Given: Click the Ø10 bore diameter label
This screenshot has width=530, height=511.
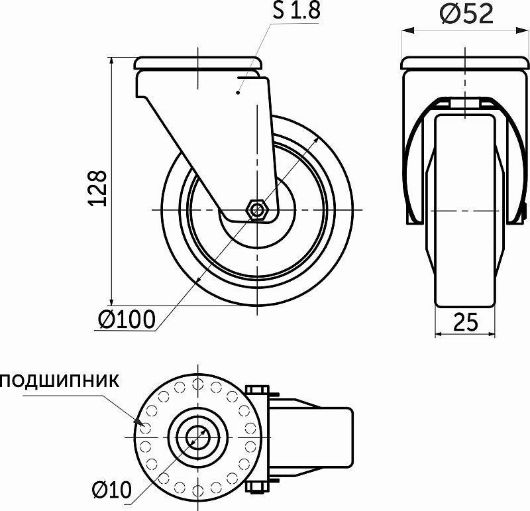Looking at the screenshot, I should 112,490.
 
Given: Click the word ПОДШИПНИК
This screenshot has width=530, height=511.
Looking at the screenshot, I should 60,381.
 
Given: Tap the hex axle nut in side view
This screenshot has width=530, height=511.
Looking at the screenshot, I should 256,210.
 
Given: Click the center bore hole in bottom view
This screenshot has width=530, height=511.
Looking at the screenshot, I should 197,437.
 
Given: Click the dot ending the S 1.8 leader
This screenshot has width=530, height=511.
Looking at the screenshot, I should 238,93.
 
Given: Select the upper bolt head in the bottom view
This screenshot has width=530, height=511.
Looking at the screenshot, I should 257,389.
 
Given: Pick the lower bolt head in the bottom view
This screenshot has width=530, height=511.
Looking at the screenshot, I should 257,488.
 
